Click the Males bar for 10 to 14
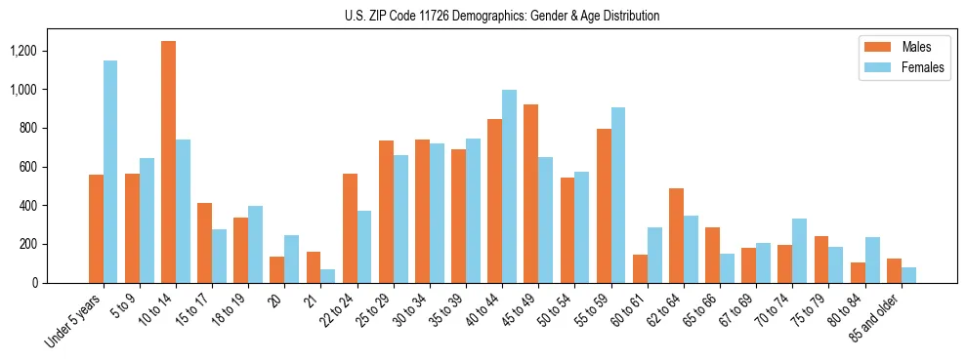point(168,162)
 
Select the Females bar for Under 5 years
point(110,172)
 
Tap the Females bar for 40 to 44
point(509,186)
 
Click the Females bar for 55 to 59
point(617,195)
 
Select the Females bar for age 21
point(328,276)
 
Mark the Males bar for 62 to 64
point(676,235)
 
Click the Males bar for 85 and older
point(894,270)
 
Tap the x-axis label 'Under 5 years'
point(71,323)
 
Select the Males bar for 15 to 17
point(204,243)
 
